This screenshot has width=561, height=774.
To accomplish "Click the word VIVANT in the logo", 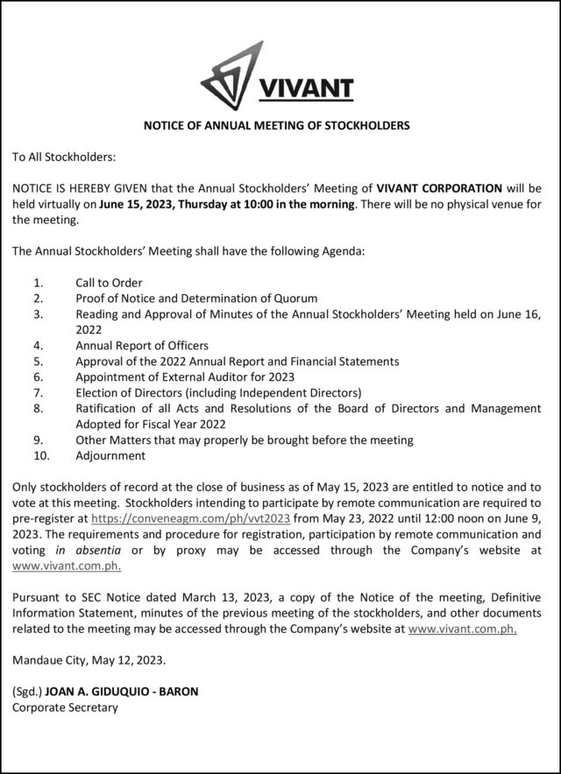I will pyautogui.click(x=306, y=88).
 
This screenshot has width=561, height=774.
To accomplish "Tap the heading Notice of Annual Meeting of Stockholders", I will pyautogui.click(x=276, y=126).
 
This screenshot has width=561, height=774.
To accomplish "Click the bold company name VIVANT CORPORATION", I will pyautogui.click(x=439, y=188).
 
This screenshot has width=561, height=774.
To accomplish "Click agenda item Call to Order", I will pyautogui.click(x=109, y=283).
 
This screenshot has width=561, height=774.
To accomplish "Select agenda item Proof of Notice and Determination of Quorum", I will pyautogui.click(x=196, y=299).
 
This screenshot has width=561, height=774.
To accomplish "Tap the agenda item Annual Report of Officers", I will pyautogui.click(x=142, y=345).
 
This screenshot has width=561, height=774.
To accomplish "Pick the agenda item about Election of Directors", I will pyautogui.click(x=218, y=392).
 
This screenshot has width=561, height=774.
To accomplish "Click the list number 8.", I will pyautogui.click(x=37, y=408).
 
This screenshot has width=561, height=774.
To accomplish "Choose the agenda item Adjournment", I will pyautogui.click(x=110, y=455).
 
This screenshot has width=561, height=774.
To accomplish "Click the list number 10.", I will pyautogui.click(x=39, y=455).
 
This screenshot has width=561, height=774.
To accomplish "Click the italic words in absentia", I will pyautogui.click(x=84, y=549).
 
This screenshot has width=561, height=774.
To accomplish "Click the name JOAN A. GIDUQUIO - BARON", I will pyautogui.click(x=122, y=691).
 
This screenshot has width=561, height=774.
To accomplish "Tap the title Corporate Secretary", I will pyautogui.click(x=64, y=707).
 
